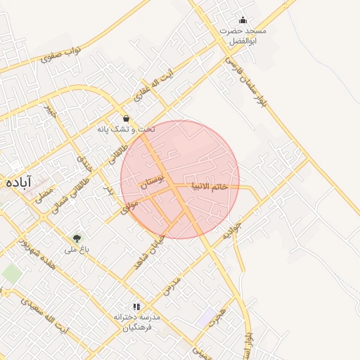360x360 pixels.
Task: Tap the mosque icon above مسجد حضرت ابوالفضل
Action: coord(243,20)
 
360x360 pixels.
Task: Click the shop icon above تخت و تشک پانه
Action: coord(126,118)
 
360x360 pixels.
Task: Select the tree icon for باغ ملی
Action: coord(77,238)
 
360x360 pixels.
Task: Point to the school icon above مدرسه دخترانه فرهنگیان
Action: coord(136,307)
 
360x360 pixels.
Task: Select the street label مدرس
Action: coord(172,284)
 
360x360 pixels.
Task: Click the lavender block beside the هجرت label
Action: coord(207,318)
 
